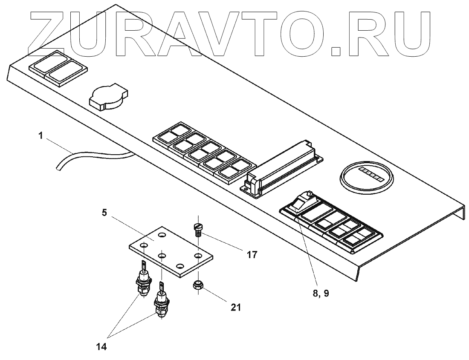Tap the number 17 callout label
[x=252, y=255]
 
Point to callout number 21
[x=235, y=307]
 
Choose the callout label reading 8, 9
[x=321, y=293]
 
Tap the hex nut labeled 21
[x=198, y=285]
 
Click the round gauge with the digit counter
[x=366, y=175]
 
